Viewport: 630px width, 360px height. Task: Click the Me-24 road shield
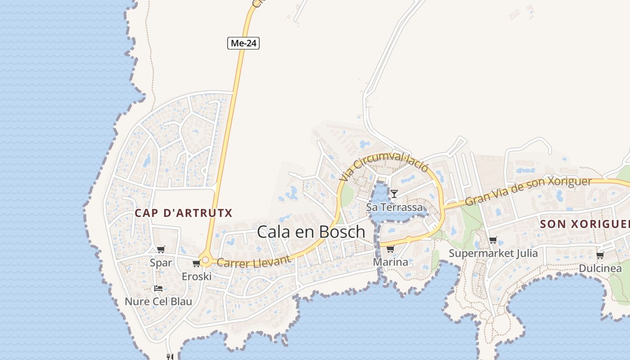pyautogui.click(x=243, y=43)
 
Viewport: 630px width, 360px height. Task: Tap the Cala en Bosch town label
pyautogui.click(x=311, y=232)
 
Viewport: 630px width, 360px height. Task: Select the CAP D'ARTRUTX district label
pyautogui.click(x=184, y=213)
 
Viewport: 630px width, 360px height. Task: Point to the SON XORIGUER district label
pyautogui.click(x=585, y=224)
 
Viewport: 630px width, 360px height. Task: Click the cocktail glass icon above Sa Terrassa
pyautogui.click(x=394, y=193)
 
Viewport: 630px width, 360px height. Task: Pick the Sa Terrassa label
pyautogui.click(x=395, y=207)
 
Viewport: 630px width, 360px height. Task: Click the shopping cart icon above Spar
pyautogui.click(x=161, y=249)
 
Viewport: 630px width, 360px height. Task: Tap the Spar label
pyautogui.click(x=161, y=262)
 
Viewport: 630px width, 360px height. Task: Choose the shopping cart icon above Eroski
pyautogui.click(x=196, y=263)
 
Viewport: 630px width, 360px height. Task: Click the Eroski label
pyautogui.click(x=197, y=276)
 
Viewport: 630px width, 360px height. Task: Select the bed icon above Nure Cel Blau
pyautogui.click(x=158, y=288)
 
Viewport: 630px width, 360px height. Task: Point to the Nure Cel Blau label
pyautogui.click(x=158, y=301)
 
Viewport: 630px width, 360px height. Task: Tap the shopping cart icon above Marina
pyautogui.click(x=390, y=249)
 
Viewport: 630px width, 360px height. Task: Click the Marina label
pyautogui.click(x=391, y=262)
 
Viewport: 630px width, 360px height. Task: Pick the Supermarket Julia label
pyautogui.click(x=493, y=253)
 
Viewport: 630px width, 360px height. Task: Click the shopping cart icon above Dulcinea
pyautogui.click(x=600, y=256)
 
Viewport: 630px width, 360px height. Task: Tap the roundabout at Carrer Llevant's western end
pyautogui.click(x=206, y=260)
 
